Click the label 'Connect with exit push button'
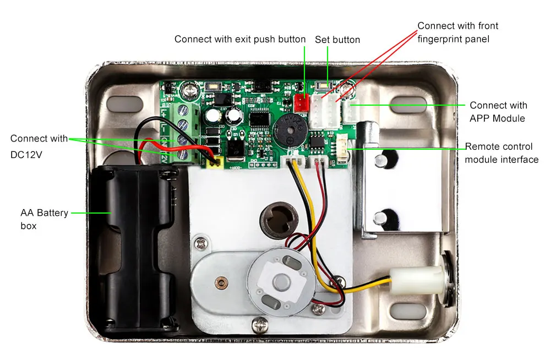(239, 39)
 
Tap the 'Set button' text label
(337, 40)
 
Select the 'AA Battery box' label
(44, 219)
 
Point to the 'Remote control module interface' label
(502, 153)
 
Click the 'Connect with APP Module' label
(498, 112)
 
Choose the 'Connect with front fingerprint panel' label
(457, 32)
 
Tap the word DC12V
(26, 155)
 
